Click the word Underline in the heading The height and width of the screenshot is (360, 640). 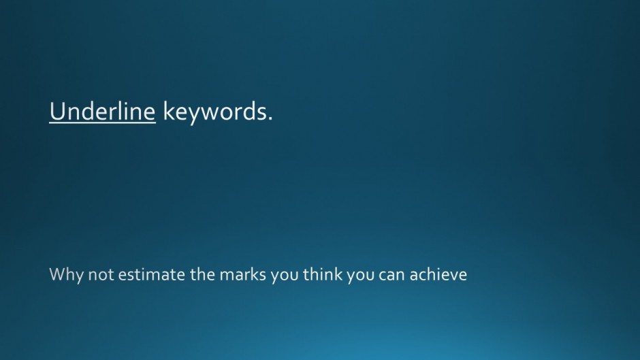point(102,111)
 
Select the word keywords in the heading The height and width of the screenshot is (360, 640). point(214,112)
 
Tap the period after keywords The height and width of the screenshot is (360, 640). point(270,119)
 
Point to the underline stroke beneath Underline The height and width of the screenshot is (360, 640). point(102,122)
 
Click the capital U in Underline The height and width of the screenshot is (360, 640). point(58,112)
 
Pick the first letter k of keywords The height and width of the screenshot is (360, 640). point(169,110)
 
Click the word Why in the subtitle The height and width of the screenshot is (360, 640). point(66,275)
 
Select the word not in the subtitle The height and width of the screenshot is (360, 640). point(101,275)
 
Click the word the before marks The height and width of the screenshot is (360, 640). point(202,274)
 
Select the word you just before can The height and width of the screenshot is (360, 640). point(360,276)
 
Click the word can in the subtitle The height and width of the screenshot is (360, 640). point(391,276)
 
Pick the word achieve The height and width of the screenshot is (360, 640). point(438,274)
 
